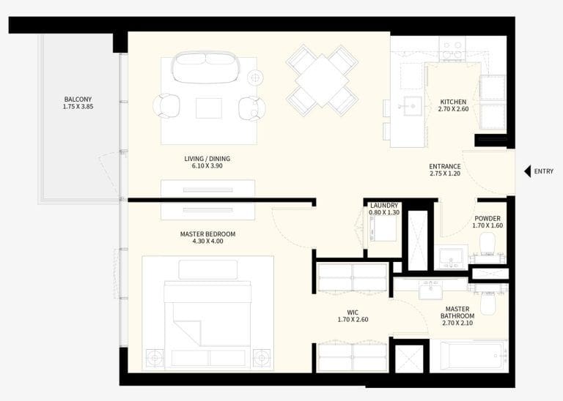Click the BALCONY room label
78,99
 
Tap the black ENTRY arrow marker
527,172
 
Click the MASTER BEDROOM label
207,234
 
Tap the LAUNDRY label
384,206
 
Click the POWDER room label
487,218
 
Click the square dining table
322,80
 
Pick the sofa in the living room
205,67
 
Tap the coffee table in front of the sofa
209,108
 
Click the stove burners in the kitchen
451,49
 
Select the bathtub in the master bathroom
468,356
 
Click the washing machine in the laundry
382,229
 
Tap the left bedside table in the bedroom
155,358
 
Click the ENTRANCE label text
445,166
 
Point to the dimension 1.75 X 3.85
78,107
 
